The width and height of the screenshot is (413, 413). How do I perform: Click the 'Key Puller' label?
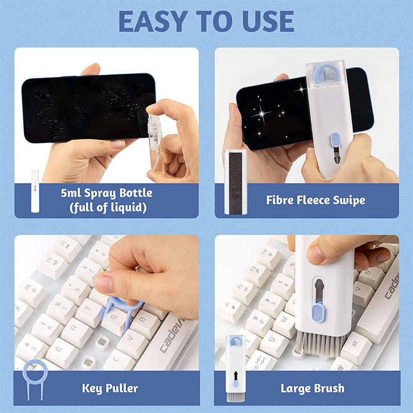[x=110, y=388]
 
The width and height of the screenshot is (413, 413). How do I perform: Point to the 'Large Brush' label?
[x=312, y=388]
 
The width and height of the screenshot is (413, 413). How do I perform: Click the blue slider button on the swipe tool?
[x=335, y=140]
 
